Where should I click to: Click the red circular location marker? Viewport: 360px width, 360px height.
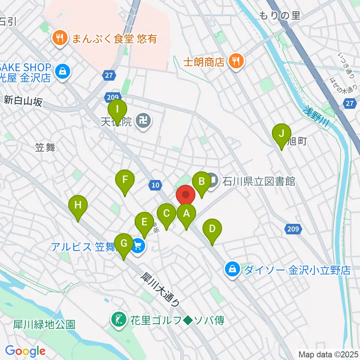[x=186, y=195]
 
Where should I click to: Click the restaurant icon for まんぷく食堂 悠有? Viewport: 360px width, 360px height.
[x=60, y=38]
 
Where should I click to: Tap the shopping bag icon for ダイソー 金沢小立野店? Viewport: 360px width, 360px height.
[x=232, y=269]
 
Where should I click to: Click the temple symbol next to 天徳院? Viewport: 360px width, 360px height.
[x=144, y=121]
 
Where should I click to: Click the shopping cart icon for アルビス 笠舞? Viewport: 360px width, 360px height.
[x=138, y=247]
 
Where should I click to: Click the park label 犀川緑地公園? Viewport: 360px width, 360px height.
[x=44, y=324]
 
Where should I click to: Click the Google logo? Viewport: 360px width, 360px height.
[x=25, y=351]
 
